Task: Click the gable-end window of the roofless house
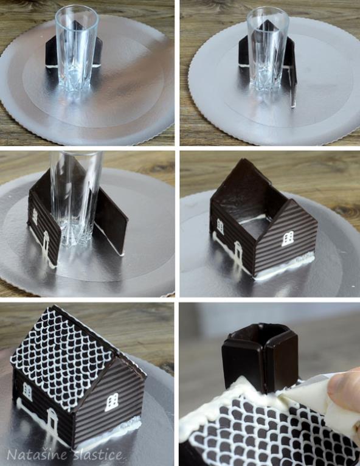point(288,238)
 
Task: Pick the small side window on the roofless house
point(220,227)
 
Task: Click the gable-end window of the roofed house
point(111,402)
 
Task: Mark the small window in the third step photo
point(35,216)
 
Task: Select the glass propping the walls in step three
point(76,199)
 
